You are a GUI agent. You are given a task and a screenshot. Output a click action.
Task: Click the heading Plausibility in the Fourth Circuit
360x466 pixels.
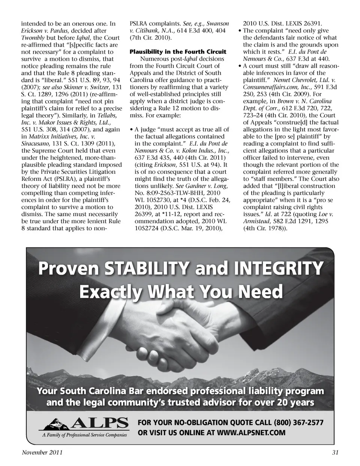coord(178,52)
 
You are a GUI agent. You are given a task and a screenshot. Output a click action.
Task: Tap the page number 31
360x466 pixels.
coord(335,452)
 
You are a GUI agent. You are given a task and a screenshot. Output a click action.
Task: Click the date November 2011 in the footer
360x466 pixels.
coord(42,452)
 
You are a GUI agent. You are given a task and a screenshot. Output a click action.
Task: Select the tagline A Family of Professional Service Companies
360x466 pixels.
coord(84,435)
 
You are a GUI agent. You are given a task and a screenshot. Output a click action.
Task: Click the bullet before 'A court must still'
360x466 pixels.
coord(240,66)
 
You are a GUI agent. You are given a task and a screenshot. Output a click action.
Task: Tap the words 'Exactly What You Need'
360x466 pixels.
coord(181,291)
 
